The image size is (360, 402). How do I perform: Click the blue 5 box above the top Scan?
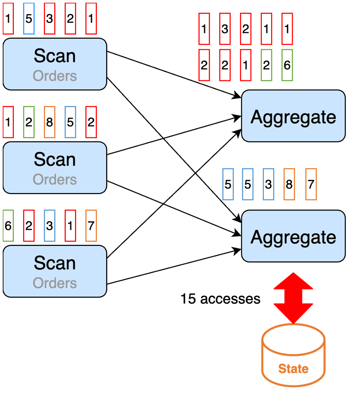point(29,19)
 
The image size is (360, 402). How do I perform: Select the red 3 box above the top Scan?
point(50,19)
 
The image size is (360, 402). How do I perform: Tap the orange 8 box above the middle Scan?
point(50,123)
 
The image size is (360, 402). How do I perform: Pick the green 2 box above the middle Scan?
point(29,123)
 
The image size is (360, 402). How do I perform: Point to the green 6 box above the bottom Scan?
point(8,226)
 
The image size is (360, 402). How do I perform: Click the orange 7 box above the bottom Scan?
point(91,226)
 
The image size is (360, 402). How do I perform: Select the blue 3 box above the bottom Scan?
point(50,226)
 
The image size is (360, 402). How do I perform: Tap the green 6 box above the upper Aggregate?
point(287,65)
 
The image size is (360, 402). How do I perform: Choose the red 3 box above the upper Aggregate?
point(225,29)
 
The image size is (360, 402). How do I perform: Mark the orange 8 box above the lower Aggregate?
point(289,184)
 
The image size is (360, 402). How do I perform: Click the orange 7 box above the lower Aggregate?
point(311,184)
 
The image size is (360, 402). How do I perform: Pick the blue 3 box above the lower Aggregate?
point(268,184)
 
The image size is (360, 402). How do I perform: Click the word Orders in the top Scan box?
point(55,76)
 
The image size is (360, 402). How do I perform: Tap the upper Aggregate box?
point(293,116)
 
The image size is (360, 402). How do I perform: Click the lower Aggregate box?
point(293,237)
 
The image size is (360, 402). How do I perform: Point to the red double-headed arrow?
point(293,298)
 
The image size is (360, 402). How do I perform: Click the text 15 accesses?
point(220,299)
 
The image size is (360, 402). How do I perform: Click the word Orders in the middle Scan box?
point(55,179)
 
